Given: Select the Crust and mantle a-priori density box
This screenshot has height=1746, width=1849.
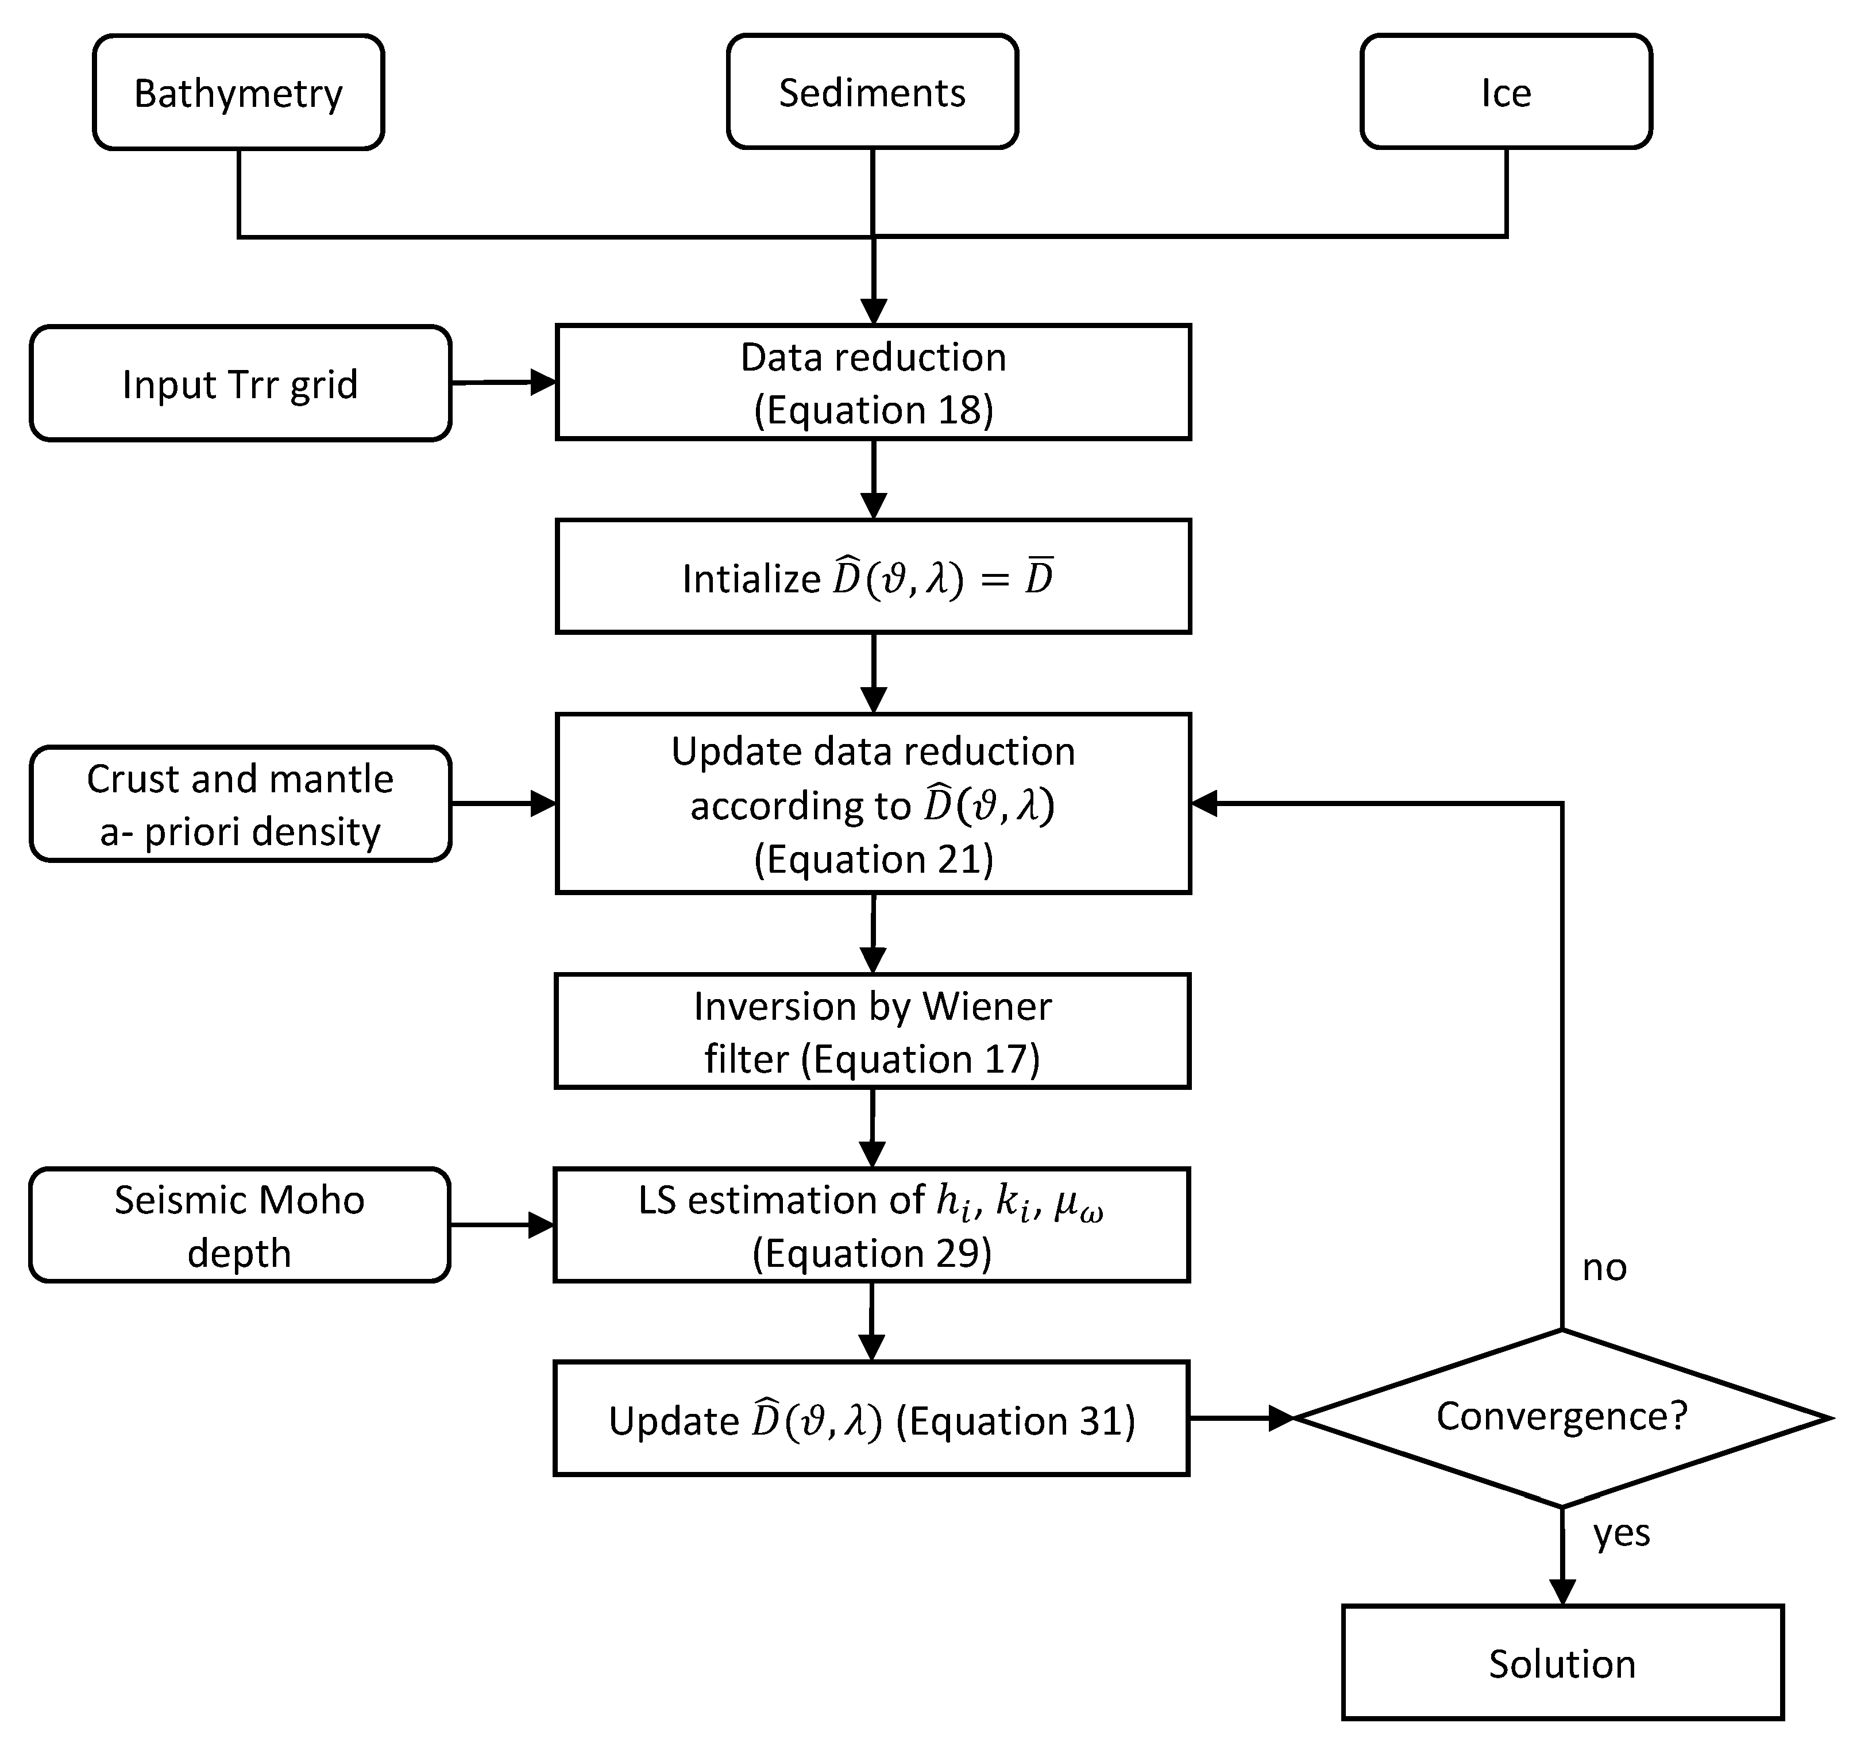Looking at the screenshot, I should click(x=240, y=805).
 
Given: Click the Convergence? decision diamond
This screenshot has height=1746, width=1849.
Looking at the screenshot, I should click(x=1561, y=1417).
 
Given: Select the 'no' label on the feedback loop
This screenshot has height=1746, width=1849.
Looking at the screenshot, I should click(x=1604, y=1267).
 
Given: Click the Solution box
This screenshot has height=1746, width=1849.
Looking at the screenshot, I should click(x=1561, y=1663).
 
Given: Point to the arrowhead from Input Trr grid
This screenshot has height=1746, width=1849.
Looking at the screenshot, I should click(x=542, y=383).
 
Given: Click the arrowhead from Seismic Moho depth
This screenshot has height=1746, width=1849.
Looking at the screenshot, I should click(x=541, y=1225).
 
